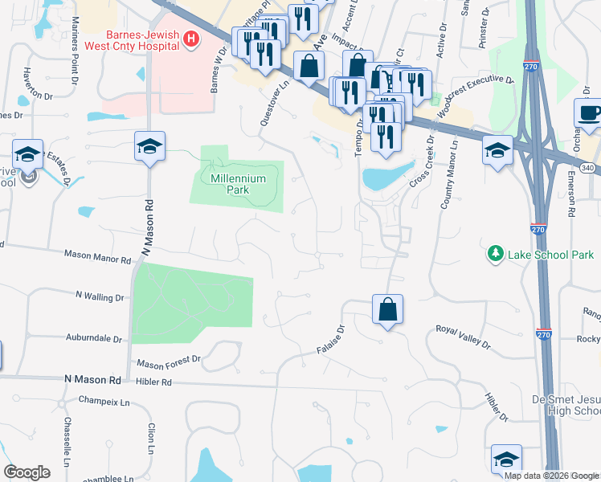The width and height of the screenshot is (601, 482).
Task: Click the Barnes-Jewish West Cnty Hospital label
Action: [141, 41]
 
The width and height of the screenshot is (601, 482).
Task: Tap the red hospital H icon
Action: [190, 39]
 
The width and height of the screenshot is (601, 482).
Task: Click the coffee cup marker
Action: [590, 113]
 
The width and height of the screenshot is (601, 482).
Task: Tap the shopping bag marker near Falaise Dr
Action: [387, 309]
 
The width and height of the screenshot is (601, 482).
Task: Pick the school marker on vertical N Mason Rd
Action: [149, 146]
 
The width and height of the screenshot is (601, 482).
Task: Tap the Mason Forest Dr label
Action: [168, 362]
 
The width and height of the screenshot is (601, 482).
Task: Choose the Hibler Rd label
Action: [154, 383]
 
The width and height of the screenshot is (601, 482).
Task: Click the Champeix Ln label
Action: [104, 399]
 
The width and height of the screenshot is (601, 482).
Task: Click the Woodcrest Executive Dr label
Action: [474, 89]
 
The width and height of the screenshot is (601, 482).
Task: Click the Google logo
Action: [27, 472]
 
